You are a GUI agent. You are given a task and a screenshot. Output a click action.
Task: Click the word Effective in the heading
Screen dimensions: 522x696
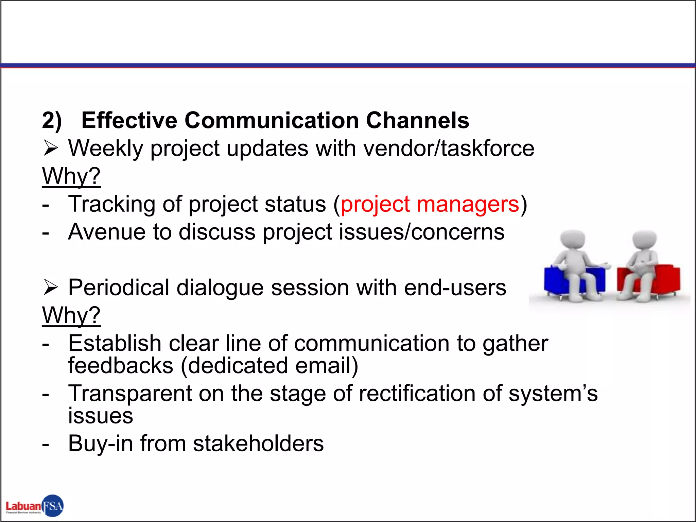[129, 120]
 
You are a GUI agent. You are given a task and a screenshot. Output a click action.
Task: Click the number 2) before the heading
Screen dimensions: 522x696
[52, 120]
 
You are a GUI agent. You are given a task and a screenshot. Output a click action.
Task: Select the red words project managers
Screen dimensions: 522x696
[430, 204]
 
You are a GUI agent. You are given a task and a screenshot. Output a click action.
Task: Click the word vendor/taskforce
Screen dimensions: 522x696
[449, 149]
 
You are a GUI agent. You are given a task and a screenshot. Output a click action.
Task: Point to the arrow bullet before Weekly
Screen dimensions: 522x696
[51, 149]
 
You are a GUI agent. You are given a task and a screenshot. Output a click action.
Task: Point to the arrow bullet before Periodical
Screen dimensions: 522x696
[51, 288]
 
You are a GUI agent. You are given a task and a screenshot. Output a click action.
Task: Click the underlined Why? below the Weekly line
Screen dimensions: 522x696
[71, 176]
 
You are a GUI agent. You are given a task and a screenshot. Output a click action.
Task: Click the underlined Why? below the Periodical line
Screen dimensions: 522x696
[71, 315]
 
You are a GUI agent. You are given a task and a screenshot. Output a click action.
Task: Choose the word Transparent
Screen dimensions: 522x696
[130, 394]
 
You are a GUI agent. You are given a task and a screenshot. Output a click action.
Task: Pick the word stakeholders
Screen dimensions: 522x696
[258, 443]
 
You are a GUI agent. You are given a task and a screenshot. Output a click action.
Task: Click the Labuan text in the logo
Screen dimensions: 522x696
[23, 506]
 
